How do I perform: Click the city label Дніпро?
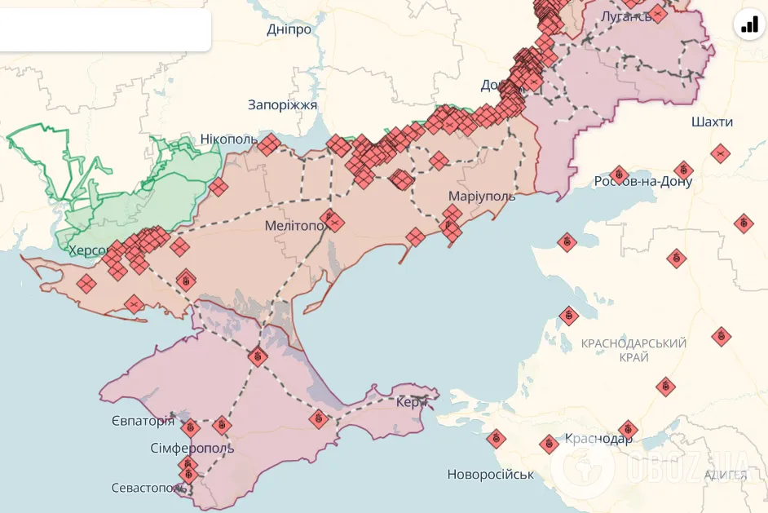(x=289, y=30)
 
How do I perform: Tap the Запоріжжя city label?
(x=282, y=105)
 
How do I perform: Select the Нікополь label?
(x=229, y=139)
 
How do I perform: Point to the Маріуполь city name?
(x=482, y=197)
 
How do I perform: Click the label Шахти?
(x=711, y=122)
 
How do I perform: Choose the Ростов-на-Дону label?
(x=643, y=181)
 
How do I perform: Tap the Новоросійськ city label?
(x=490, y=475)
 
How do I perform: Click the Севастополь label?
(x=149, y=488)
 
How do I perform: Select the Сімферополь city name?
(x=192, y=449)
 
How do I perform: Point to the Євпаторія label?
(x=143, y=421)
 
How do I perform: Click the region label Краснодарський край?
(x=633, y=351)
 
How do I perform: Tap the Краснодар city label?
(x=598, y=439)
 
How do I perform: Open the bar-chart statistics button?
(x=749, y=24)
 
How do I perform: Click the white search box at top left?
(x=104, y=30)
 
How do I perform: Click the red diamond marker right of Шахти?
(x=719, y=153)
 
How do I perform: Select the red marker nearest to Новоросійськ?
(x=496, y=440)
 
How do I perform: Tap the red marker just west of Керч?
(x=319, y=419)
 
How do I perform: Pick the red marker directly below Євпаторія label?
(x=191, y=427)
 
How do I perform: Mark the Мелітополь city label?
(x=295, y=226)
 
